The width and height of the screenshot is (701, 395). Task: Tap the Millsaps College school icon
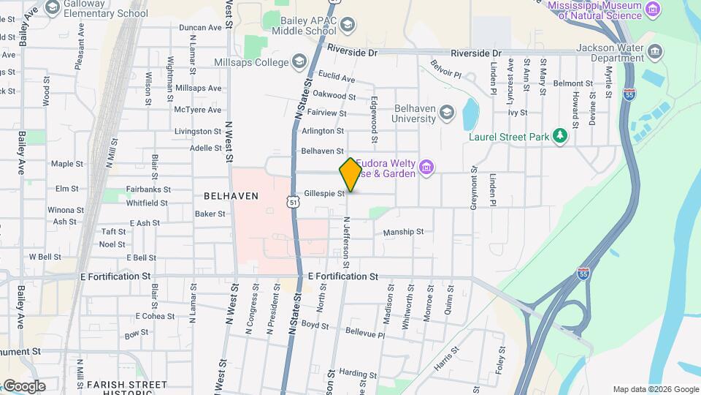(x=299, y=62)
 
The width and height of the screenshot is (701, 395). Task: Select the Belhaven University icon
(x=447, y=113)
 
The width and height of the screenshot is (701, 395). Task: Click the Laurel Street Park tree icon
(x=559, y=136)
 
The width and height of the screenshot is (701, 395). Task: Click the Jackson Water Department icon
(x=654, y=51)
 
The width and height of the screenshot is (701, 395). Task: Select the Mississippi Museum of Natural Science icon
(x=652, y=10)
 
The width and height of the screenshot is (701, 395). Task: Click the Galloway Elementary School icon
(x=53, y=7)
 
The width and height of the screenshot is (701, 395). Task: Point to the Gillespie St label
(x=324, y=194)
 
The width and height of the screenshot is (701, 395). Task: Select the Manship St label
(x=403, y=232)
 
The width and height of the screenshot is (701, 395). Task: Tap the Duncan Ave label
(x=200, y=28)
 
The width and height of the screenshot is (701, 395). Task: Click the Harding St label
(x=356, y=372)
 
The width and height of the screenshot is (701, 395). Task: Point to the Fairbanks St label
(x=148, y=189)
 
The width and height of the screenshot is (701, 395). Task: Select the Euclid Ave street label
(x=337, y=78)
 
